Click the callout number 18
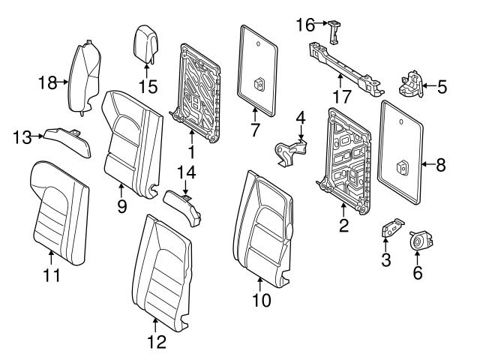click(47, 82)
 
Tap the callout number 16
click(304, 25)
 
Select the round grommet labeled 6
click(416, 242)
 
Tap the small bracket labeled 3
click(388, 230)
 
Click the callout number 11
click(49, 275)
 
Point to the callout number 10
click(261, 301)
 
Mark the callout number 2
click(343, 225)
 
